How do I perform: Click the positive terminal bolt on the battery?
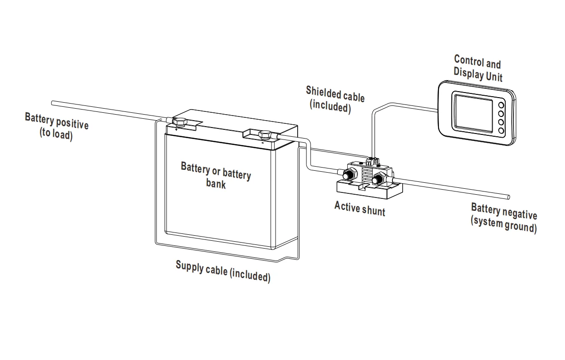pos(179,122)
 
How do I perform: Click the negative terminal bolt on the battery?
pos(265,135)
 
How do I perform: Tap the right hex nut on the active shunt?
pos(380,179)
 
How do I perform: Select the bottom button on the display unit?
pos(501,130)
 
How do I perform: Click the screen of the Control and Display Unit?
pos(473,112)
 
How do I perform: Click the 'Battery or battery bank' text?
pos(216,174)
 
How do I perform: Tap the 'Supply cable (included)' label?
pos(223,271)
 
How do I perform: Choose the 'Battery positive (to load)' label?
pos(57,126)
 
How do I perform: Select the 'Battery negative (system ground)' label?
pos(504,218)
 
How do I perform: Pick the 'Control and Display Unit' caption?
pos(478,68)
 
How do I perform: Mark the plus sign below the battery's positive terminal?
pos(176,130)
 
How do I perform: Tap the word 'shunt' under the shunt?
pos(373,210)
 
